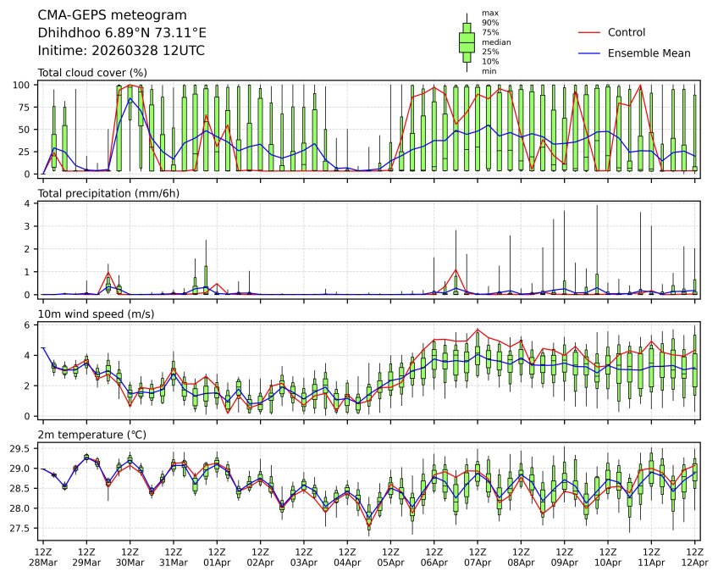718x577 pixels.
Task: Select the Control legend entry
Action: tap(627, 32)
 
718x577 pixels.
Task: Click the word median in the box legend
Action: tap(496, 42)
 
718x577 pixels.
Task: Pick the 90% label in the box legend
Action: tap(489, 22)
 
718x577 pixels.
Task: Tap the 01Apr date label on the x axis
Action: tap(217, 562)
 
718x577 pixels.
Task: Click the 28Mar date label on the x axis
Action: tap(43, 562)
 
